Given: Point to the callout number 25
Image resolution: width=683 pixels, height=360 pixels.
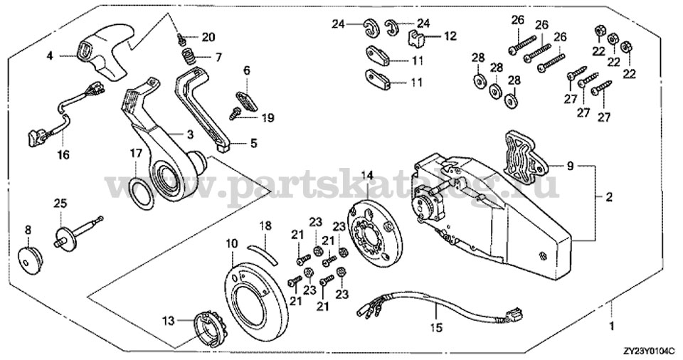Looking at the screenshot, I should pos(60,204).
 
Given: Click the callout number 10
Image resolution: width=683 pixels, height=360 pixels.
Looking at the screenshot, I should pos(231,243).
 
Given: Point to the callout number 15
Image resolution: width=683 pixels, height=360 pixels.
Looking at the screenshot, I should pos(437,328).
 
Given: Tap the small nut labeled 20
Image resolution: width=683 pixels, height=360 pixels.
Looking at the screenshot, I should pos(182,38).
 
